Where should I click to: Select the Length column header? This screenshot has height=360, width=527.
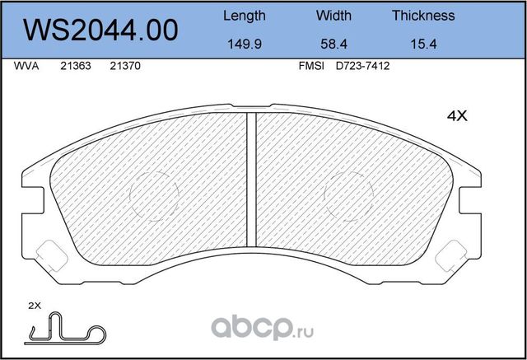coord(245,16)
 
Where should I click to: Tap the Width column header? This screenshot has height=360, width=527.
coord(333,16)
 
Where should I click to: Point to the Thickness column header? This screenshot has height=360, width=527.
coord(423,16)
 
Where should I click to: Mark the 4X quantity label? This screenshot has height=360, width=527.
coord(456,117)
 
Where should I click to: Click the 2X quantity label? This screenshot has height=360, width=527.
coord(34,306)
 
